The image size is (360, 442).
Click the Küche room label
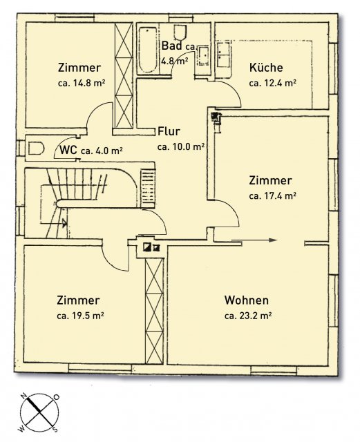pos(266,68)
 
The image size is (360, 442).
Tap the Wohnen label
pos(246,300)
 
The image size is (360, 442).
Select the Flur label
pos(169,131)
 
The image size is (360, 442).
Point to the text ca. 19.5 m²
pos(80,316)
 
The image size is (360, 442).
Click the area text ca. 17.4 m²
pos(272,195)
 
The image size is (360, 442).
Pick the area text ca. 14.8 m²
pos(82,83)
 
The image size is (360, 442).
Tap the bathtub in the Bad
pos(148,50)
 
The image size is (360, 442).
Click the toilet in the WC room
pos(37,148)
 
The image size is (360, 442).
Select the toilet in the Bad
pos(180,32)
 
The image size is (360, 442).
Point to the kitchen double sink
pos(224,55)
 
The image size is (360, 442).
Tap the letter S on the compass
pos(55,429)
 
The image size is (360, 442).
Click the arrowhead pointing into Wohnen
pos(273,240)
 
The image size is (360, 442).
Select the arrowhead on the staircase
pos(65,223)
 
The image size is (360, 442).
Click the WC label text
pos(68,150)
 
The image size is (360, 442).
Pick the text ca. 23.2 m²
pos(248,316)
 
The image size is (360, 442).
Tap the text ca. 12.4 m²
pos(272,83)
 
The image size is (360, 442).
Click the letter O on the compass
pos(57,397)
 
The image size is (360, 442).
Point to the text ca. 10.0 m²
pos(181,147)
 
